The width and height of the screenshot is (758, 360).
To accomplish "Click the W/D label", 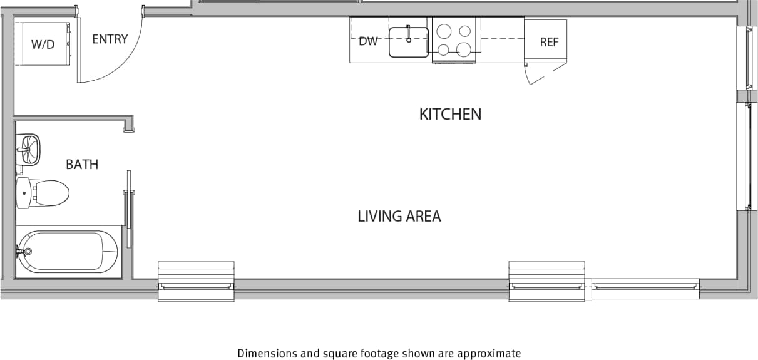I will (x=43, y=44).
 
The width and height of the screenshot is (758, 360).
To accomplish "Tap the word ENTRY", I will (x=110, y=39).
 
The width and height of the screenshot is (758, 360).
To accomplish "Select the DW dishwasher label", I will (x=368, y=41).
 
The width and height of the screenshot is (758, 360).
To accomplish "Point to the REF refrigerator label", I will (x=549, y=42).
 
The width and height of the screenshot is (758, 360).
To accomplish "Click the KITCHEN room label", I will (x=450, y=114).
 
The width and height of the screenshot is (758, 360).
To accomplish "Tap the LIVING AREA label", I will (x=399, y=217).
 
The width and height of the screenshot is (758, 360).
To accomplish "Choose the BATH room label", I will (x=82, y=165).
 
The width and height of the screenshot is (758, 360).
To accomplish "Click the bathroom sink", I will (x=29, y=149).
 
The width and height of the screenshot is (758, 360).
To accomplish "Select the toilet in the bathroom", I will (x=44, y=192).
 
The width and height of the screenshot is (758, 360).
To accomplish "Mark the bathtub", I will (x=68, y=252).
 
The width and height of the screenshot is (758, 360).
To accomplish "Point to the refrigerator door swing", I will (x=545, y=76).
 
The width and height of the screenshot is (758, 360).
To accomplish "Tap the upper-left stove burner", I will (x=443, y=31).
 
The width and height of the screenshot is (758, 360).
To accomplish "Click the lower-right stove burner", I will (x=464, y=49).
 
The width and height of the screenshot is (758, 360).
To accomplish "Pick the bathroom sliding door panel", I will (x=128, y=210).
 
